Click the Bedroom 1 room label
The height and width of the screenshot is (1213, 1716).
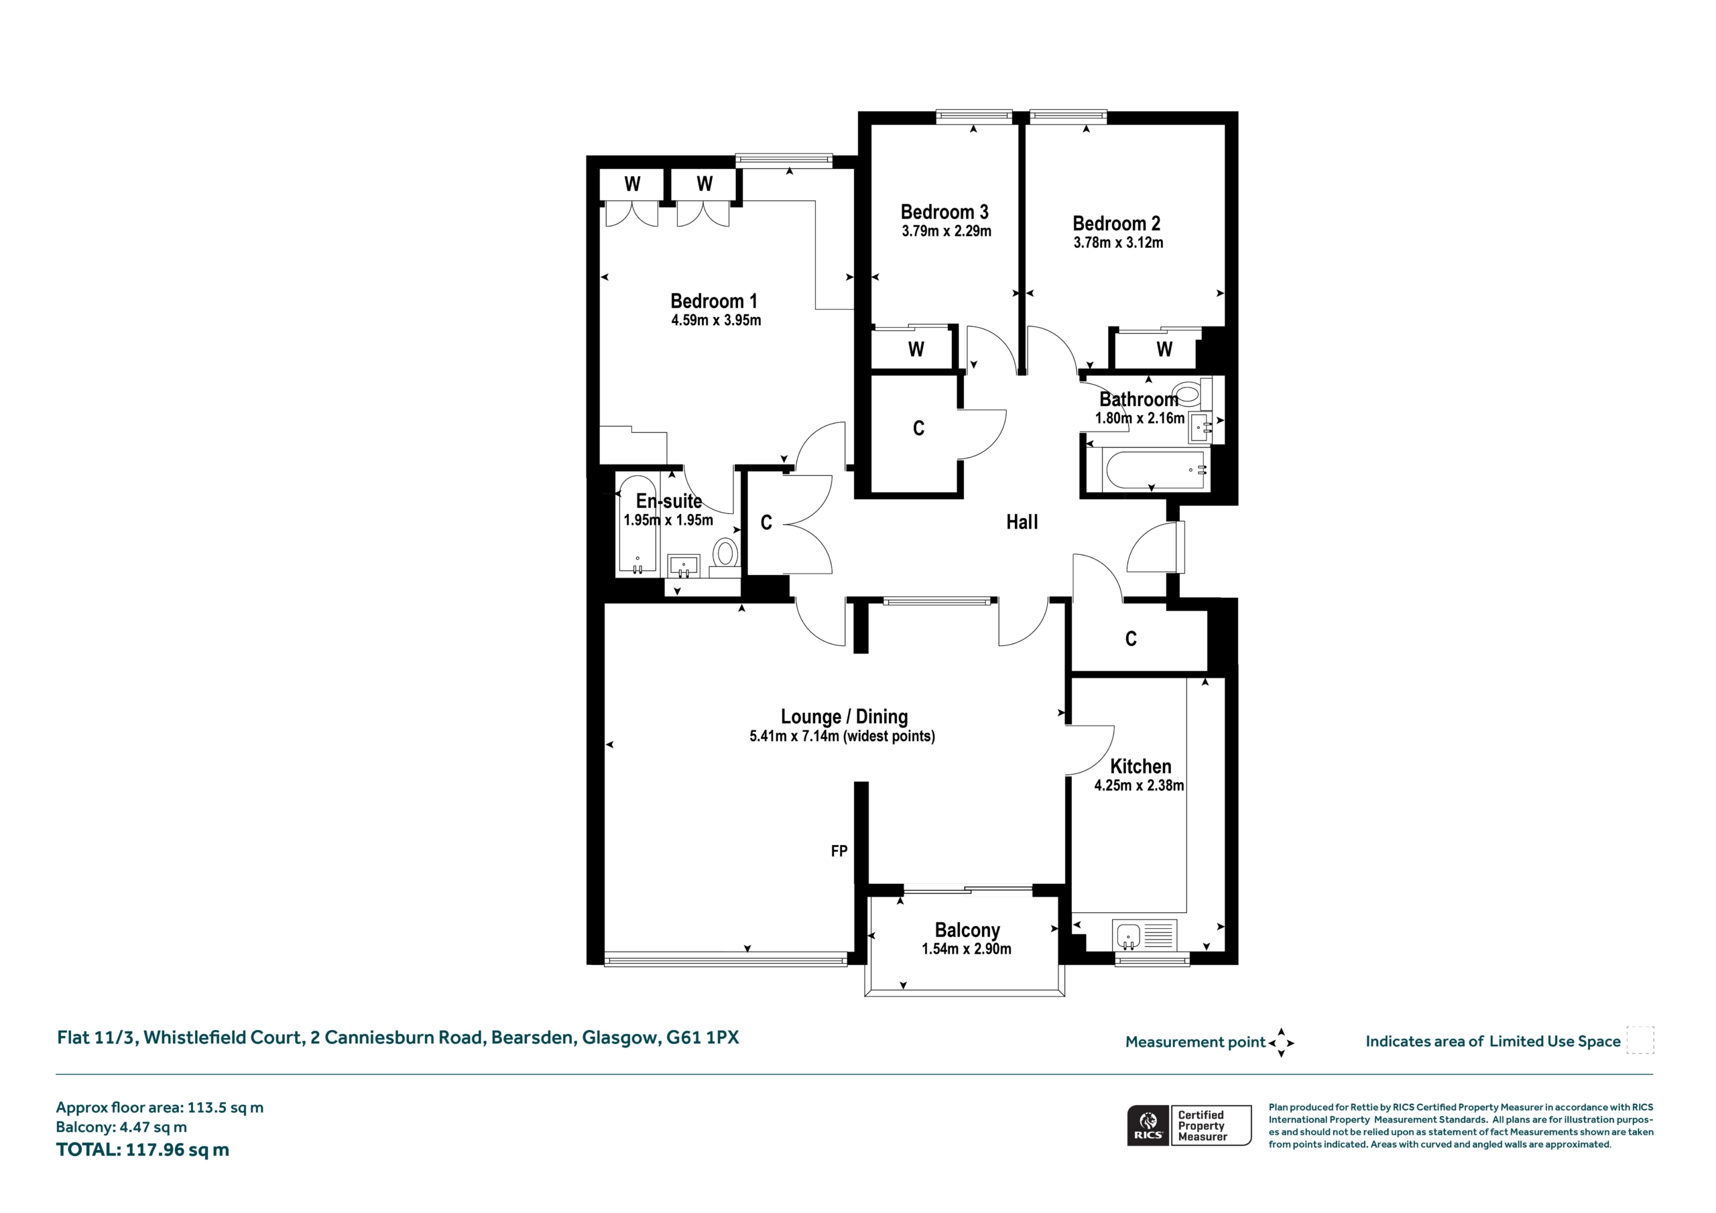714,301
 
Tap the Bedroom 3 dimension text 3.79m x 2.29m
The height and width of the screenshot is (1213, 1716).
946,231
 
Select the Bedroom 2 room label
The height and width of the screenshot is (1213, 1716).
1116,223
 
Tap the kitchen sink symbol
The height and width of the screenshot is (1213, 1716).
1144,935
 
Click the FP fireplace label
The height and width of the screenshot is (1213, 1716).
839,850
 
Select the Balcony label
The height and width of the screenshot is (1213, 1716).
967,930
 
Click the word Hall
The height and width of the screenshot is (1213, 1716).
1022,521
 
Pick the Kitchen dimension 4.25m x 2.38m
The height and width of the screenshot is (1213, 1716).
1139,785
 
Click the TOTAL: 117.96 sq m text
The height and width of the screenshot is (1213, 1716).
143,1149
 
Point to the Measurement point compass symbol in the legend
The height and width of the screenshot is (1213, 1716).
1281,1043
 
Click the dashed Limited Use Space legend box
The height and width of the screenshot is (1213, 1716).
1640,1040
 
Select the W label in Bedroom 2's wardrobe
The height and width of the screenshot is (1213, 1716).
1164,349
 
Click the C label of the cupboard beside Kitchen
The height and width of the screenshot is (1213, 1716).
1131,638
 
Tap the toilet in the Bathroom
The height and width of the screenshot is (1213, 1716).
1191,392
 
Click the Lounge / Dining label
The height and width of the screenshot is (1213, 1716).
845,716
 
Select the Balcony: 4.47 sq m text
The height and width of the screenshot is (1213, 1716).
122,1127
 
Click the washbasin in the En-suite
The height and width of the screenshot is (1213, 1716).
683,566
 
